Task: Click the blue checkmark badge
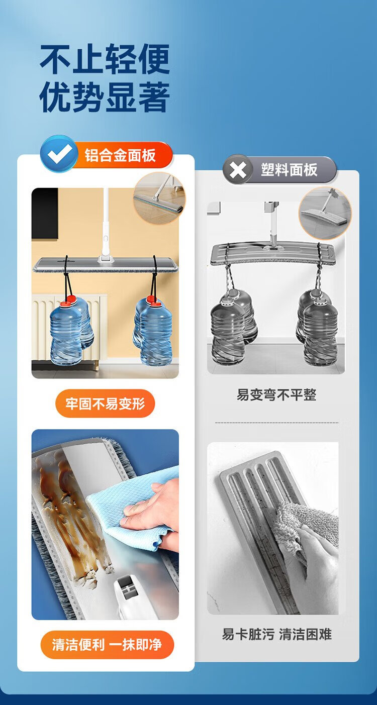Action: click(59, 154)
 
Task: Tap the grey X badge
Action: click(238, 170)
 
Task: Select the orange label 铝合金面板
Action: click(120, 155)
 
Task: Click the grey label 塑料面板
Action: click(289, 170)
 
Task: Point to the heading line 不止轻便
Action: click(105, 59)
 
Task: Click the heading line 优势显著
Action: click(105, 96)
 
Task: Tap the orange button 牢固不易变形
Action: click(105, 403)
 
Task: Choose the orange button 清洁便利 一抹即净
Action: click(107, 645)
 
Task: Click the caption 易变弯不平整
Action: click(276, 394)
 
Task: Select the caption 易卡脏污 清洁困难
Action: click(276, 634)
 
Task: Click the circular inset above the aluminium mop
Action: click(159, 198)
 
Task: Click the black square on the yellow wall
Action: click(45, 214)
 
